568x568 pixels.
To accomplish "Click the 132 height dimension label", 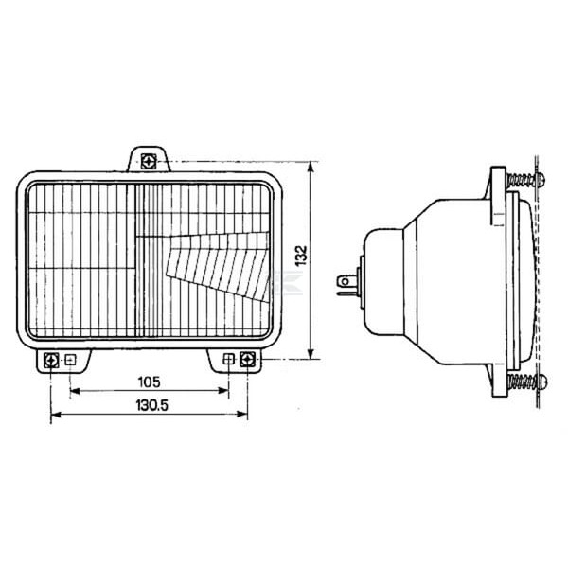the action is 301,256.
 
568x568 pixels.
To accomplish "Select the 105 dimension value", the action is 150,382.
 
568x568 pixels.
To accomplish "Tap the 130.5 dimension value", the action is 152,405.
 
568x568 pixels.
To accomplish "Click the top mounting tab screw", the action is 149,162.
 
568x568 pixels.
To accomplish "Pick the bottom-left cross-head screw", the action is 51,361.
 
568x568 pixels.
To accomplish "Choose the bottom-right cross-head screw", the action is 247,360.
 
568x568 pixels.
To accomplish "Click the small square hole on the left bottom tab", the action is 70,360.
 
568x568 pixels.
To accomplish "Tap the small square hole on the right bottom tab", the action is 228,360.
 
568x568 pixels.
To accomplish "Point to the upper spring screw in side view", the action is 526,179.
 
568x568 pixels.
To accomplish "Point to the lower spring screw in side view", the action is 527,382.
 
